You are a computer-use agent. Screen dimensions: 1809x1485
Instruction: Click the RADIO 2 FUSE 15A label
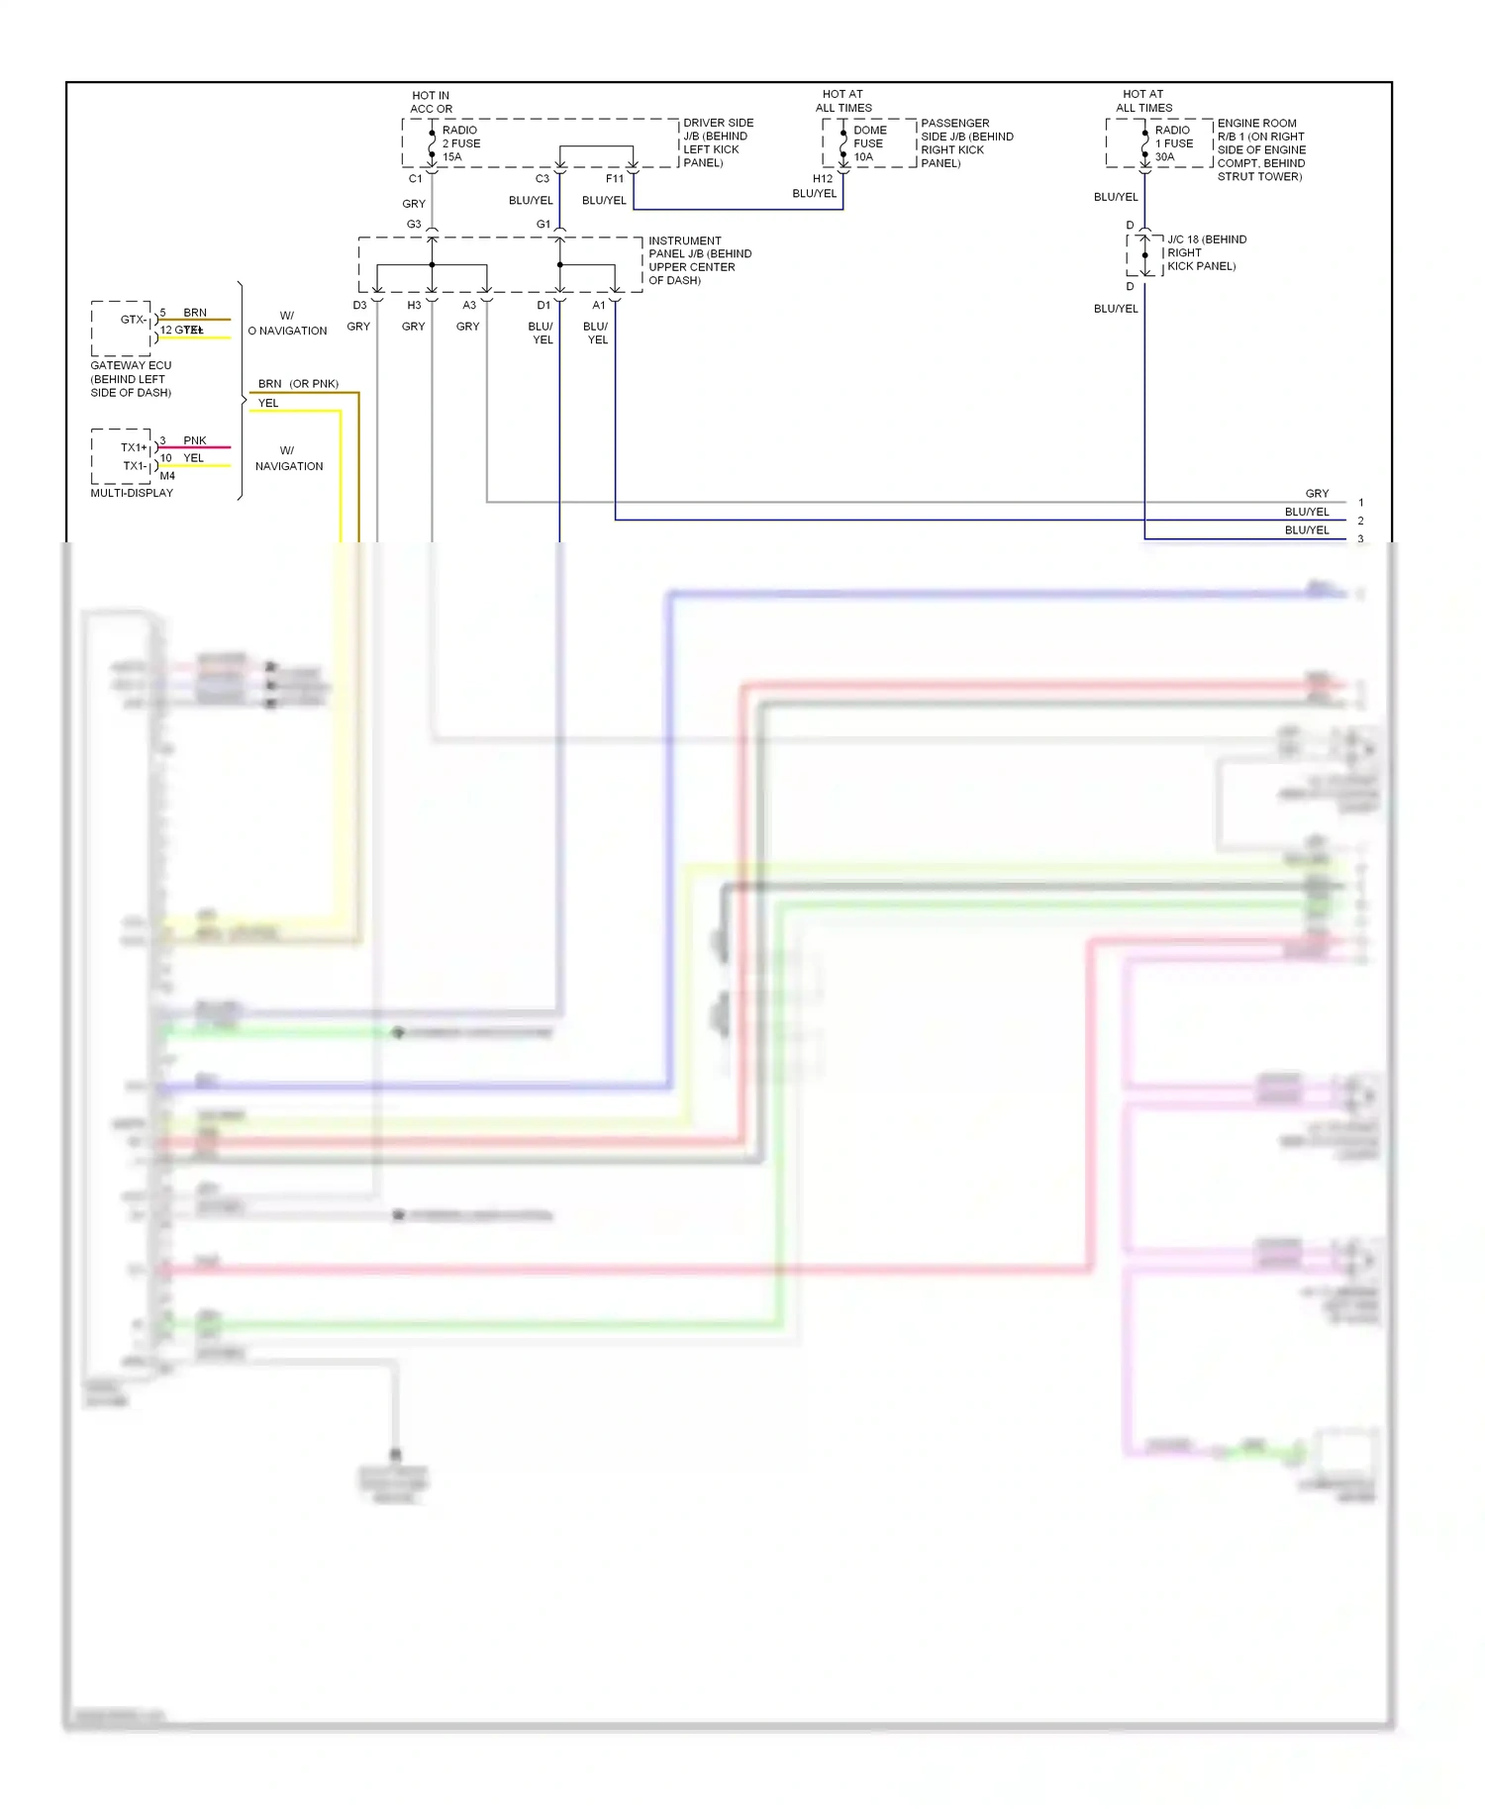pos(460,143)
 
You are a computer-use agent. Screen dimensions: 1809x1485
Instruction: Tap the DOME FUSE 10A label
pos(869,143)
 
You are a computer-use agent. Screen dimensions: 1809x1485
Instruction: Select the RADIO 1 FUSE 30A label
pos(1173,143)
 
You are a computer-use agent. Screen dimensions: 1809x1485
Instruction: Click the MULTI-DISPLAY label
pos(132,493)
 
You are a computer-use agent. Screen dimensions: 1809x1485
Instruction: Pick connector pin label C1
pos(416,179)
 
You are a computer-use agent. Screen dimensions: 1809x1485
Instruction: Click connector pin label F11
pos(615,179)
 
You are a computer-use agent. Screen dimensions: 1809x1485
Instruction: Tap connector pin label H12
pos(823,179)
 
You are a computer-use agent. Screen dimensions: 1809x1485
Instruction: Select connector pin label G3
pos(414,225)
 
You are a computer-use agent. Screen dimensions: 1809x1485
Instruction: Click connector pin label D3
pos(359,306)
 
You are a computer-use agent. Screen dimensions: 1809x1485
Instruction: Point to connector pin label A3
pos(469,306)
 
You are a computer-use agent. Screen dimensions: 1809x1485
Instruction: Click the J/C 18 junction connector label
pos(1206,252)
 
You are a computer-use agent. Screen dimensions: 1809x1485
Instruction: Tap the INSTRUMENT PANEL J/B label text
pos(699,260)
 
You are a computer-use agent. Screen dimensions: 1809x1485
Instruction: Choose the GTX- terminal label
pos(133,320)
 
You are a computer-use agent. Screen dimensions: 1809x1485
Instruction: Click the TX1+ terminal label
pos(134,447)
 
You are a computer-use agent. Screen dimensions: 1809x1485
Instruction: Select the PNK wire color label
pos(195,440)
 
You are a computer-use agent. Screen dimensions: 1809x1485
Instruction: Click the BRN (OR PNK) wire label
pos(298,384)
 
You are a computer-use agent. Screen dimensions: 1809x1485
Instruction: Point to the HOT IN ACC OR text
pos(431,103)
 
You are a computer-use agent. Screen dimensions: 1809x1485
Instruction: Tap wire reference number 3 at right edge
pos(1360,539)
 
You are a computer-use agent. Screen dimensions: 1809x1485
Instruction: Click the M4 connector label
pos(167,476)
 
